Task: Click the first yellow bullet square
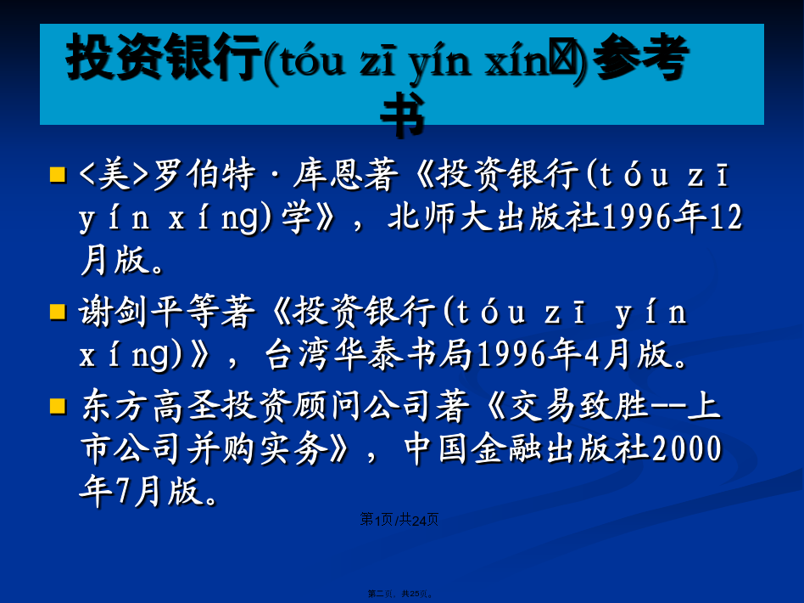tap(58, 175)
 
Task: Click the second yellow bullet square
tap(58, 312)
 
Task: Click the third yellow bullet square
tap(58, 406)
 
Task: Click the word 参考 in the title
tap(640, 57)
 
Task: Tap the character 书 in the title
tap(403, 115)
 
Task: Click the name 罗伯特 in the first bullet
tap(204, 175)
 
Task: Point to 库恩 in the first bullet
tap(345, 175)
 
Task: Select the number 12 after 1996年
tap(725, 217)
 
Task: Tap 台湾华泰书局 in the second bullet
tap(369, 354)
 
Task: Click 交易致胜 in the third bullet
tap(579, 406)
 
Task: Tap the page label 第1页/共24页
tap(399, 520)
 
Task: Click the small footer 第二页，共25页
tap(401, 594)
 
